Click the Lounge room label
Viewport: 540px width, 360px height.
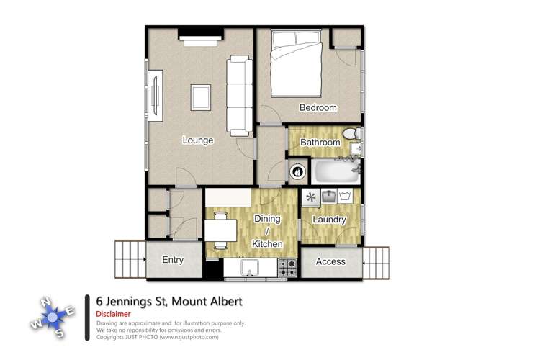[x=197, y=140]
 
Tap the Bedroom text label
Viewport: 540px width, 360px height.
[x=318, y=108]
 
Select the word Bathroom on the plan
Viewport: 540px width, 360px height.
[x=320, y=143]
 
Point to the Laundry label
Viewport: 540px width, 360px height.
[x=330, y=220]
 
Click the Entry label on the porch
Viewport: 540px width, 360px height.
[x=173, y=261]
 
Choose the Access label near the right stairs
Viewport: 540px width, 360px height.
[x=330, y=261]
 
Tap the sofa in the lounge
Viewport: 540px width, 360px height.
[x=240, y=96]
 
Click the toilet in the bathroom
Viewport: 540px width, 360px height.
[x=352, y=135]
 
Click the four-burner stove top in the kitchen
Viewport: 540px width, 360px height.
[x=287, y=268]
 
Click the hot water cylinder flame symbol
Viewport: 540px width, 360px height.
[x=297, y=173]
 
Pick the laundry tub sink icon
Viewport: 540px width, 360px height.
[x=329, y=196]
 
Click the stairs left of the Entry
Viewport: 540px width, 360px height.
[x=130, y=259]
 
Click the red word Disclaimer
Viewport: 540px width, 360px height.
[x=113, y=314]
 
